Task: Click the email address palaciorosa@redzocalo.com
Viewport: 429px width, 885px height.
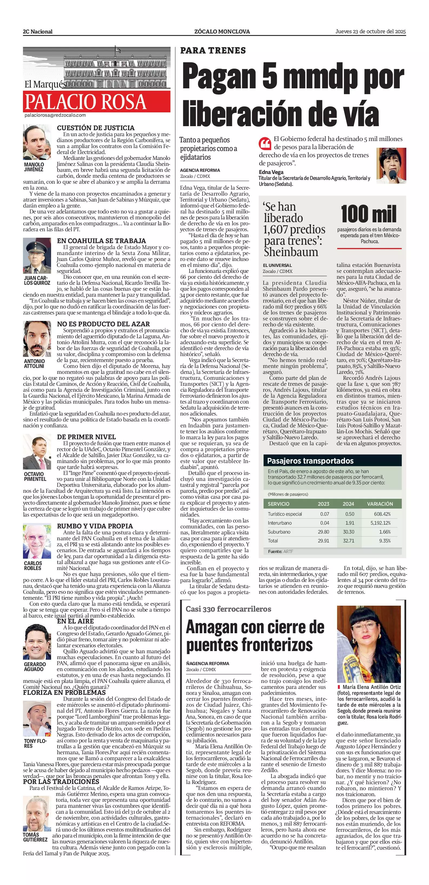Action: coord(55,115)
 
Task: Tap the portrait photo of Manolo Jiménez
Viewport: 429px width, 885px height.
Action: coord(37,142)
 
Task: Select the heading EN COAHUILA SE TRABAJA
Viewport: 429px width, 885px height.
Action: coord(101,241)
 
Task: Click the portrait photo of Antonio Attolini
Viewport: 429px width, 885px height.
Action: coord(37,339)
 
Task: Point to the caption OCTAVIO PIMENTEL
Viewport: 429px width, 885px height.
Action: coord(35,476)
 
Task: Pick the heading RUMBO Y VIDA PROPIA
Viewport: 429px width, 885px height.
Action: coord(95,526)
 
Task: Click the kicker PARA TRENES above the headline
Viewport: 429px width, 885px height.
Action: coord(213,51)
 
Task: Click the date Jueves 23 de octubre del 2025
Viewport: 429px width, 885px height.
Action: coord(371,32)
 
